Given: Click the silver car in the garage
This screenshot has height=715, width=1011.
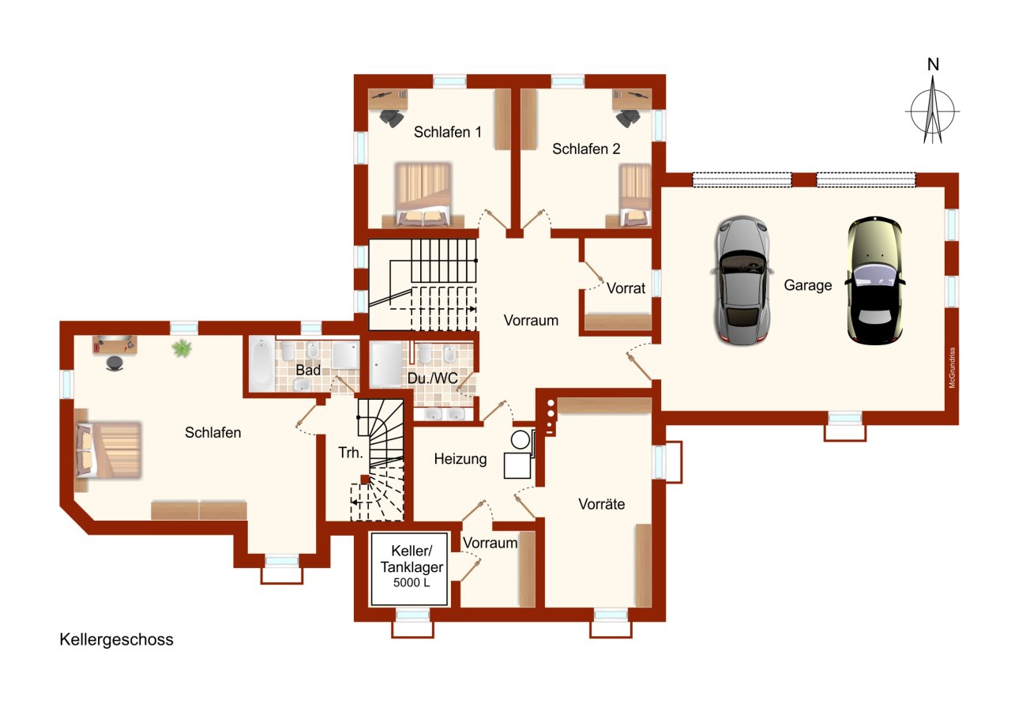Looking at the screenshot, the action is pyautogui.click(x=741, y=280).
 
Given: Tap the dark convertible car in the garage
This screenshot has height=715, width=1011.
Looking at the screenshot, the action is pyautogui.click(x=874, y=280).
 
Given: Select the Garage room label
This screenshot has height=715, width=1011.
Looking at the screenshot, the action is pyautogui.click(x=807, y=285).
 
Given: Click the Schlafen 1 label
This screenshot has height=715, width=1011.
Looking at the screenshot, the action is pyautogui.click(x=447, y=132).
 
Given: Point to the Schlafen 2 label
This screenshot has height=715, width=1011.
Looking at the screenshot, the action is pyautogui.click(x=586, y=149).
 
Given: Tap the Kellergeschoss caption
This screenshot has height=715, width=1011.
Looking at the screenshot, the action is pyautogui.click(x=116, y=640).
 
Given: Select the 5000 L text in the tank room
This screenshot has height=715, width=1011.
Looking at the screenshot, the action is pyautogui.click(x=412, y=583).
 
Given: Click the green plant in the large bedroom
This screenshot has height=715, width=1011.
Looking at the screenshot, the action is pyautogui.click(x=182, y=348).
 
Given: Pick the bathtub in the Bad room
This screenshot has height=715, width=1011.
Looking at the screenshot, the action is pyautogui.click(x=261, y=365).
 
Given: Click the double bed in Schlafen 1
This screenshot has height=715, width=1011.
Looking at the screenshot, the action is pyautogui.click(x=423, y=194).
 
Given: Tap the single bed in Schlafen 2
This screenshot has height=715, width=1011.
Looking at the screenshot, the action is pyautogui.click(x=635, y=195).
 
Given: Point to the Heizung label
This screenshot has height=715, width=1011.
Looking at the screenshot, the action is pyautogui.click(x=460, y=460).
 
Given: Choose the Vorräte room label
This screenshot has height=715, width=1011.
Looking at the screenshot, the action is pyautogui.click(x=602, y=504).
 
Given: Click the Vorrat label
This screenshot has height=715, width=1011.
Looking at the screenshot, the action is pyautogui.click(x=626, y=288).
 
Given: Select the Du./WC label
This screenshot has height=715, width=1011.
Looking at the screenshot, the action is pyautogui.click(x=432, y=378).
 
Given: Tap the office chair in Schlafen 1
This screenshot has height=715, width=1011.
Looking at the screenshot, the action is pyautogui.click(x=391, y=118).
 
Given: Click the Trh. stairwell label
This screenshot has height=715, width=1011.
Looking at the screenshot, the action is pyautogui.click(x=351, y=452).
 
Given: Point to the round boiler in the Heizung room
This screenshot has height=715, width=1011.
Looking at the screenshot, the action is pyautogui.click(x=520, y=439).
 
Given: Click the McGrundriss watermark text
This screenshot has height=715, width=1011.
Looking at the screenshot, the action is pyautogui.click(x=953, y=367).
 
